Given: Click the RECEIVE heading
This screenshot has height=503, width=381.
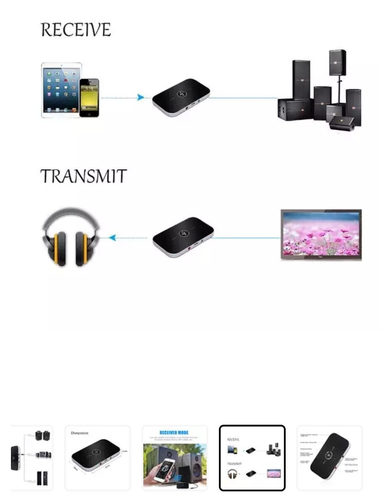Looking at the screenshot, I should coord(76,30).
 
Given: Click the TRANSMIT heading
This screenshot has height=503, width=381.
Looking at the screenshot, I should coord(83,176).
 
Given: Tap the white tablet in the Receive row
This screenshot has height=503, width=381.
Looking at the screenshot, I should coord(60,90).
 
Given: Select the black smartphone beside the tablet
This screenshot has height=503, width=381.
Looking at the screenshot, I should coord(89,97).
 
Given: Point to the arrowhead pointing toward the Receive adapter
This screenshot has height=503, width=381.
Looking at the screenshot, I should coord(141,98).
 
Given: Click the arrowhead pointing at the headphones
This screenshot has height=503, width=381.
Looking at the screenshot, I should coord(112,238).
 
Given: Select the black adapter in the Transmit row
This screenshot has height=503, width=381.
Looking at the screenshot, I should coord(183,237).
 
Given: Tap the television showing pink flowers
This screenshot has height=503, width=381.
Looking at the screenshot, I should coord(321,235).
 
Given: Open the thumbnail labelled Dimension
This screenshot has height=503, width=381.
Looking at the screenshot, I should coord(97,458).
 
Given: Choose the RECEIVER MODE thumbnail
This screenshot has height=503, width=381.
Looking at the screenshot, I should coord(175,458).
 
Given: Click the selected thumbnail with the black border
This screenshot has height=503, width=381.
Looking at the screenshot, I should coord(252,458).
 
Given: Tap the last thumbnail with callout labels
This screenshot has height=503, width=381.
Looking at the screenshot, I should coord(329,458).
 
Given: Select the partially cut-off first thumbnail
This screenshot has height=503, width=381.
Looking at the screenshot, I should coord(32,458).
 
